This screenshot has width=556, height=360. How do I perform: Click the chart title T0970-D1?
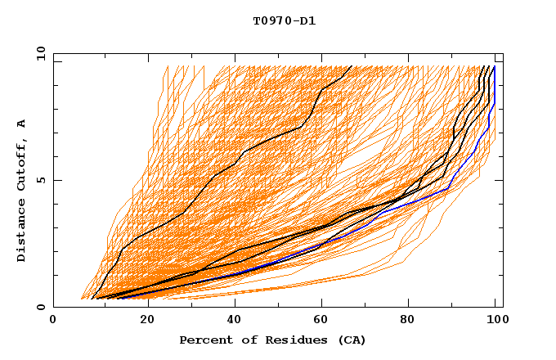tap(285, 21)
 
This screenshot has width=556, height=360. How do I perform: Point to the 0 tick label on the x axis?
tap(54, 321)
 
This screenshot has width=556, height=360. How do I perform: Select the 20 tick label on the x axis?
tap(142, 321)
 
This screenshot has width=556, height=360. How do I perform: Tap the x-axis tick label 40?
tap(231, 321)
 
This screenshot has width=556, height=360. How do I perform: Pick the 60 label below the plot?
tap(320, 321)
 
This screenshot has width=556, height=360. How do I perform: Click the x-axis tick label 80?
tap(408, 321)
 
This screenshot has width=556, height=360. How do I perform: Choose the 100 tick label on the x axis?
tap(496, 321)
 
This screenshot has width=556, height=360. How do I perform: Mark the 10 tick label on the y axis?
tap(40, 53)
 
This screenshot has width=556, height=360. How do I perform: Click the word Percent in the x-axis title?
tap(203, 340)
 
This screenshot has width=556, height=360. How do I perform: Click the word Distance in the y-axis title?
tap(22, 232)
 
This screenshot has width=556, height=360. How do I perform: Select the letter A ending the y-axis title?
tap(22, 124)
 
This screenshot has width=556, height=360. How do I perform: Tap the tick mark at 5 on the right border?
tap(500, 180)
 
